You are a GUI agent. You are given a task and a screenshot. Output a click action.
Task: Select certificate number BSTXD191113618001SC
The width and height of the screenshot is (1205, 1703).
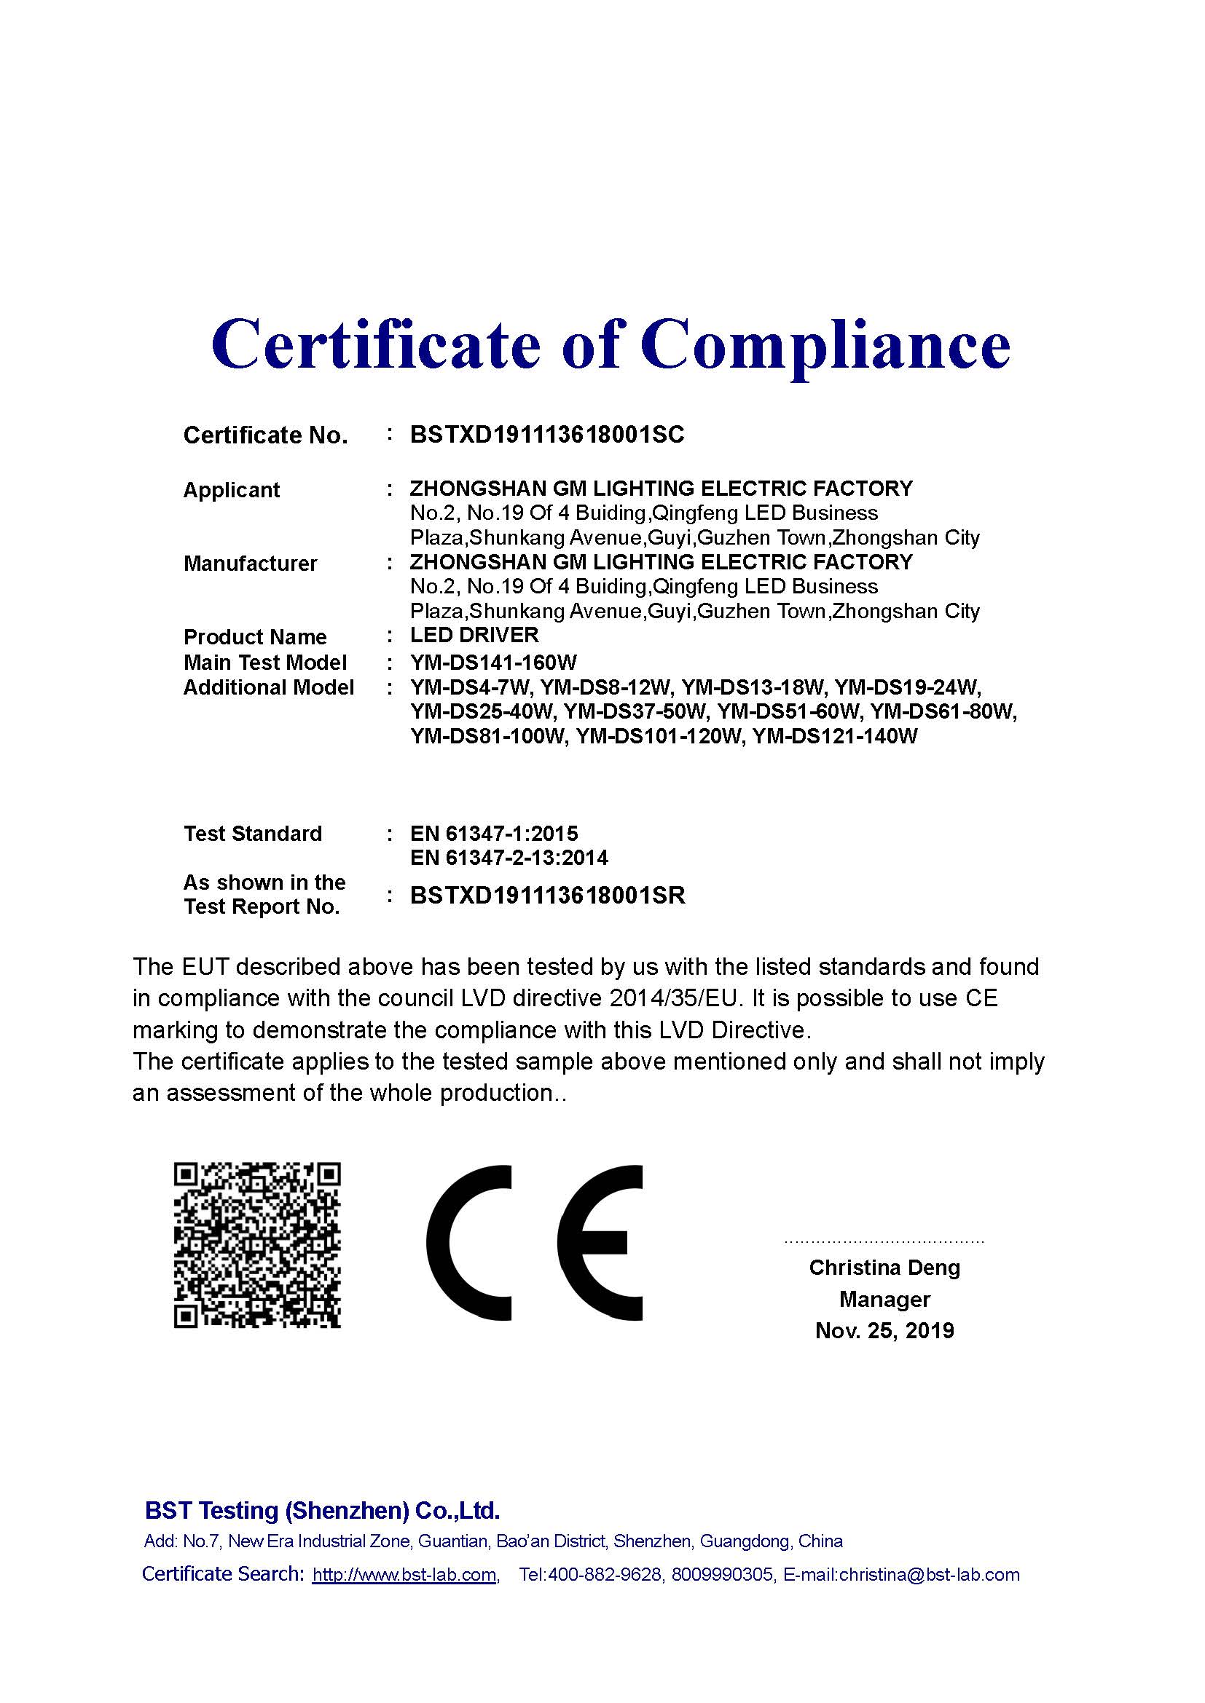pyautogui.click(x=547, y=435)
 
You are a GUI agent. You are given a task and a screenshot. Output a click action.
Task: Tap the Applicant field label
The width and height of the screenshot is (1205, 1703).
pyautogui.click(x=231, y=490)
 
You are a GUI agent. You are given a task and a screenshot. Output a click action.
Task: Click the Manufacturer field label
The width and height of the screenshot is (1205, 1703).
pyautogui.click(x=250, y=564)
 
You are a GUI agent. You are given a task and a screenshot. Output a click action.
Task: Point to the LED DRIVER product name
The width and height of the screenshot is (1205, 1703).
pyautogui.click(x=474, y=635)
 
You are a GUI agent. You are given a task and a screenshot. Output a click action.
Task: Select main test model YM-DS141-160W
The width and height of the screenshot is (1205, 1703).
pyautogui.click(x=492, y=663)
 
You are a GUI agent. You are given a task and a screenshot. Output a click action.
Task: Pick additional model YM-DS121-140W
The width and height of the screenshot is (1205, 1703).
pyautogui.click(x=835, y=737)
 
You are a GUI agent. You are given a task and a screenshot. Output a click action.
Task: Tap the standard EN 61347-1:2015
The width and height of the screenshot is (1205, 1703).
pyautogui.click(x=493, y=834)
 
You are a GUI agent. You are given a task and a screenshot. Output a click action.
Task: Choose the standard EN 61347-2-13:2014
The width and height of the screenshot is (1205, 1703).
pyautogui.click(x=509, y=858)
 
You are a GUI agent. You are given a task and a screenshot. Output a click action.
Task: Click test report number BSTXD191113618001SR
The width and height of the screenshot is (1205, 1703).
pyautogui.click(x=548, y=896)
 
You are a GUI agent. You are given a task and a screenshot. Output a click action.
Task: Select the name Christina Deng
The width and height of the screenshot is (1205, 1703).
pyautogui.click(x=884, y=1268)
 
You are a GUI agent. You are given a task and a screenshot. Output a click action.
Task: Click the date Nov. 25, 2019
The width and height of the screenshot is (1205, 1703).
pyautogui.click(x=884, y=1331)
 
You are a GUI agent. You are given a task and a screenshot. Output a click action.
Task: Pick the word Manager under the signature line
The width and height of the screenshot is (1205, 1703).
pyautogui.click(x=884, y=1300)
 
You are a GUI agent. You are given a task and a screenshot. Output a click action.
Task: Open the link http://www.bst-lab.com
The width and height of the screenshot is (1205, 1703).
pyautogui.click(x=404, y=1575)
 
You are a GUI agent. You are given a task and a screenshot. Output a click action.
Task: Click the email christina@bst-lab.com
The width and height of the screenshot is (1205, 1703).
pyautogui.click(x=929, y=1575)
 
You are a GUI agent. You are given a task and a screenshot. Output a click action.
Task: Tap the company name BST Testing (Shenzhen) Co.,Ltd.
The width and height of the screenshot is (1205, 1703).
pyautogui.click(x=322, y=1511)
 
